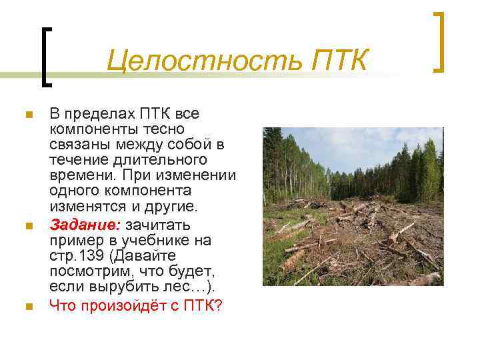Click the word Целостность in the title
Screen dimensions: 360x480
(x=203, y=61)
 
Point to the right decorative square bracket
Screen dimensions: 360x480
(x=438, y=41)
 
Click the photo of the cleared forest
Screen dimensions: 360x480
(x=353, y=207)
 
